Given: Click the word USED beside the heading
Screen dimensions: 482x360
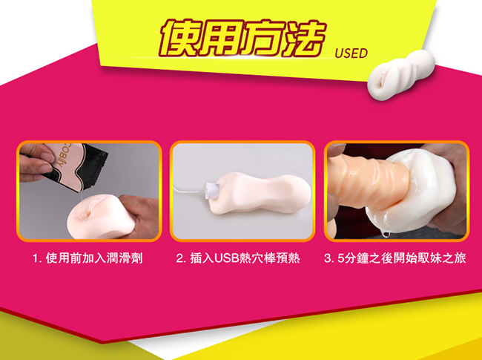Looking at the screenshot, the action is point(351,53).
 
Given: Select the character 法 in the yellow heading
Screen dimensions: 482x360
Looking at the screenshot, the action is point(303,39).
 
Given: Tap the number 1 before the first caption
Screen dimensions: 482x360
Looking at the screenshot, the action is point(36,258).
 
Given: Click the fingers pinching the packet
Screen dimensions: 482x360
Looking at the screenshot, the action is point(34,162).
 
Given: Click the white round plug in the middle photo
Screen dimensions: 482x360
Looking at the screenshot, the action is point(213,189).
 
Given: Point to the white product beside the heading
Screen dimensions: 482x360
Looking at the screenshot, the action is point(401,75).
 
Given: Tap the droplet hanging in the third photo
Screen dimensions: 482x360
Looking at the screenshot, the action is point(386,234).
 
